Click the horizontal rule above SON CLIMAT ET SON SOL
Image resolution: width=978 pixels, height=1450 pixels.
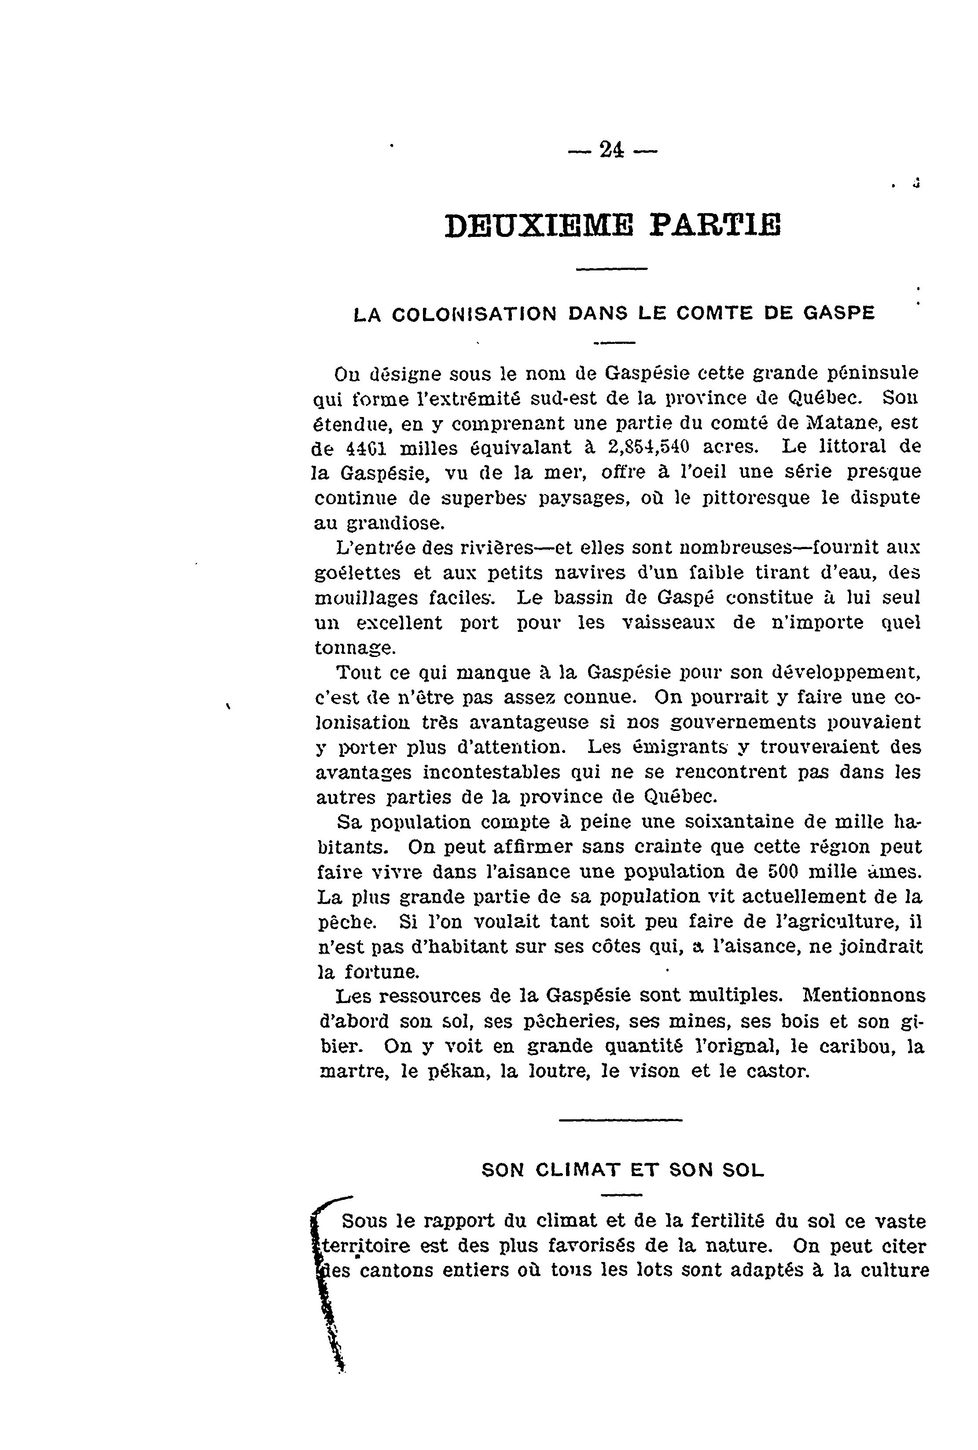point(620,1120)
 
